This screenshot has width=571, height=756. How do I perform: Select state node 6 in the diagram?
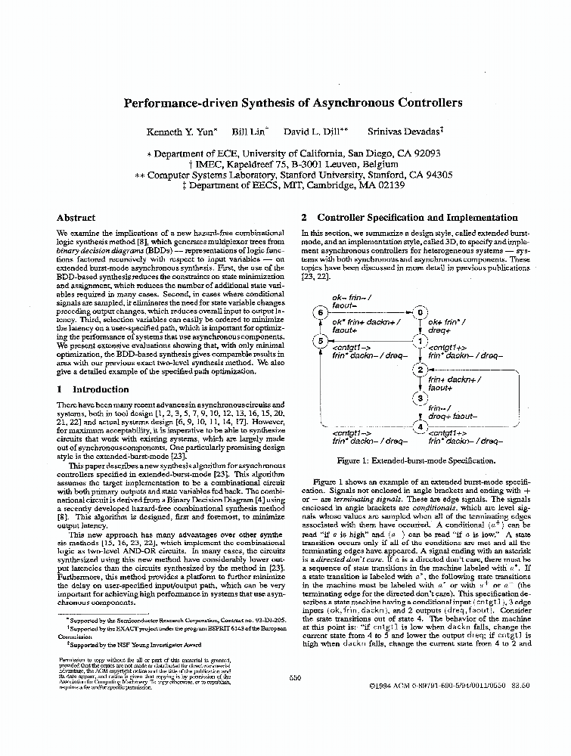coord(320,312)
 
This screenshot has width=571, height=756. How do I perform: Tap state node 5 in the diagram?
coord(320,342)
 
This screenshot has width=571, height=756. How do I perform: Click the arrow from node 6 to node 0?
coord(371,312)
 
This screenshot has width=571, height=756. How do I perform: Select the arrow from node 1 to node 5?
coord(371,342)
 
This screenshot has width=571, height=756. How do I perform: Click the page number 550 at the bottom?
coord(295,678)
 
